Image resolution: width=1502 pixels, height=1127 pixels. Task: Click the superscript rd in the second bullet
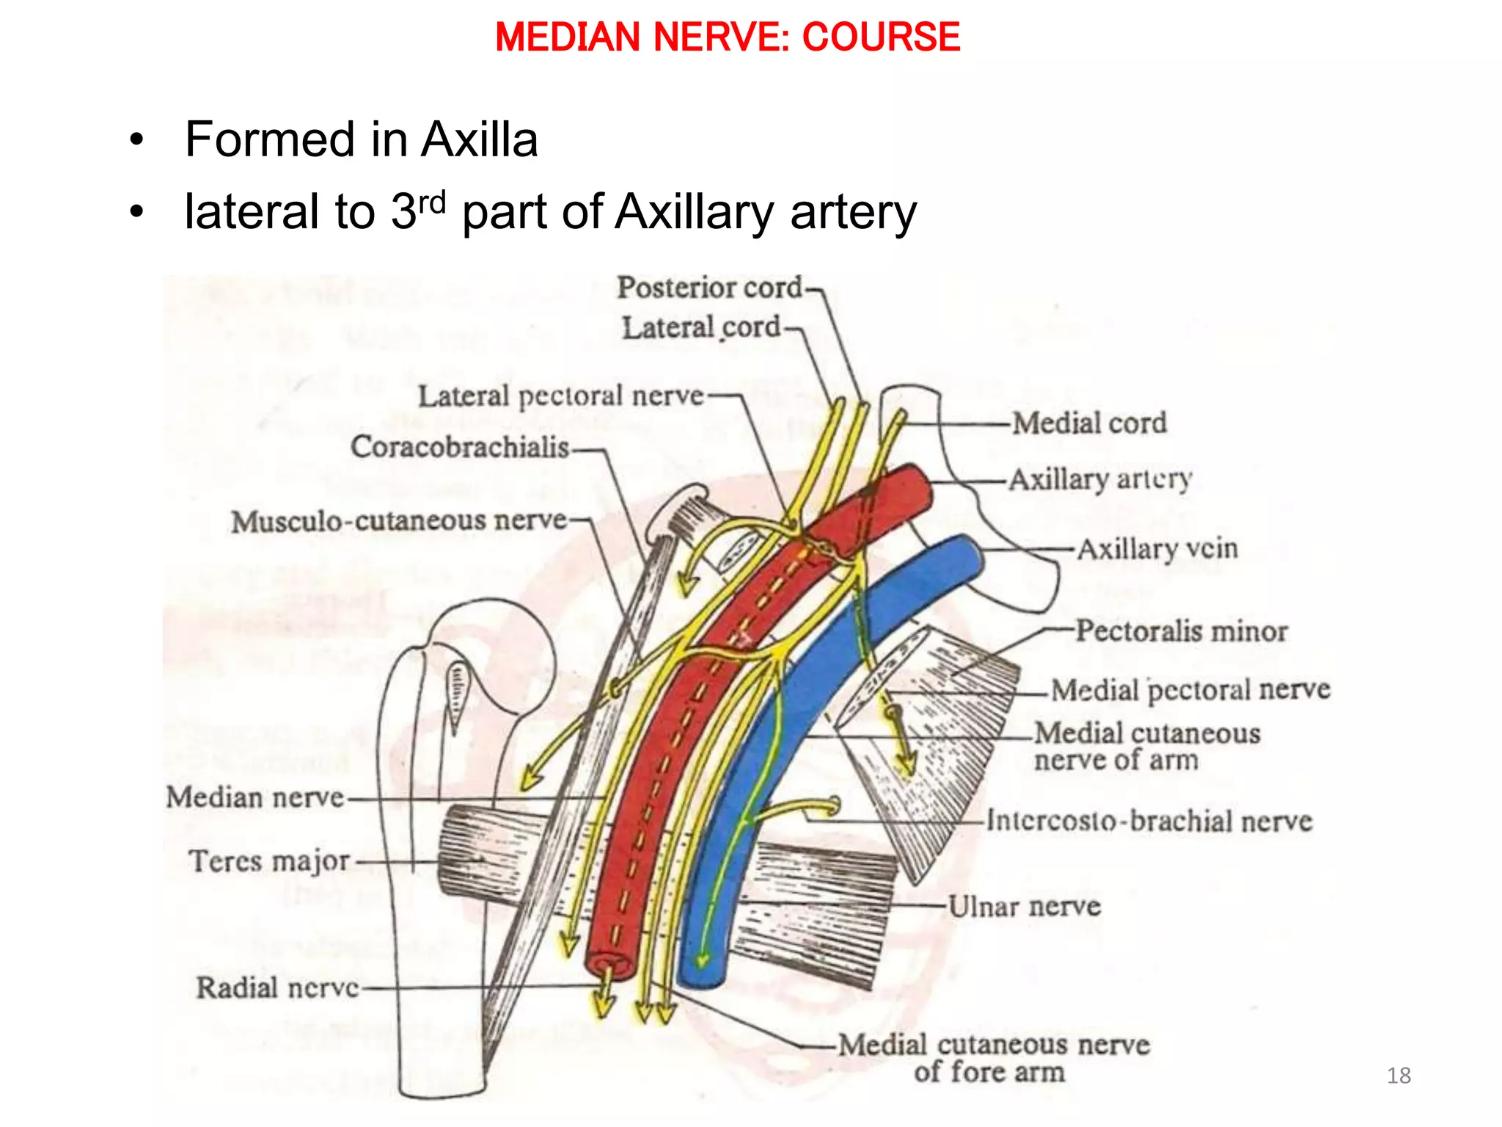coord(431,201)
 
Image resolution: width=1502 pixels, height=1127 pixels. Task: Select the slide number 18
coord(1399,1076)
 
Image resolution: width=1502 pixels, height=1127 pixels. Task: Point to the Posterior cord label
coord(709,287)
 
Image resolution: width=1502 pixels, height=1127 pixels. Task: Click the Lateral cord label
coord(701,327)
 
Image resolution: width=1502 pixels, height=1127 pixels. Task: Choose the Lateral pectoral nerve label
coord(560,396)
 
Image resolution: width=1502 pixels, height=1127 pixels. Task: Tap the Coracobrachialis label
coord(460,447)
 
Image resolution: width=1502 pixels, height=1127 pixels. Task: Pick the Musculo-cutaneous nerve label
coord(399,521)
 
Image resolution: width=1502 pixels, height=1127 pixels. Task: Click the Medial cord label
coord(1089,423)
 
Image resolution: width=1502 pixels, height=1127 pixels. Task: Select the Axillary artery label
coord(1100,479)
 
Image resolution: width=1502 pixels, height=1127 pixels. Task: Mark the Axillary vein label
coord(1157,549)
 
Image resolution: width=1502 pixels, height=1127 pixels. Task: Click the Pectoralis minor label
coord(1181,631)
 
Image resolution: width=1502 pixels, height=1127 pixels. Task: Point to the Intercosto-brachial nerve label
coord(1149,821)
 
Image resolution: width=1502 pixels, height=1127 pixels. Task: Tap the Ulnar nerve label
coord(1024,907)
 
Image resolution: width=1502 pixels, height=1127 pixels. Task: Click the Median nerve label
coord(255,797)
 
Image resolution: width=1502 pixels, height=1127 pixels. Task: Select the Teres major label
coord(269,861)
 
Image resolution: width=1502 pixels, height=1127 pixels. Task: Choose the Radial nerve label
coord(277,988)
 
